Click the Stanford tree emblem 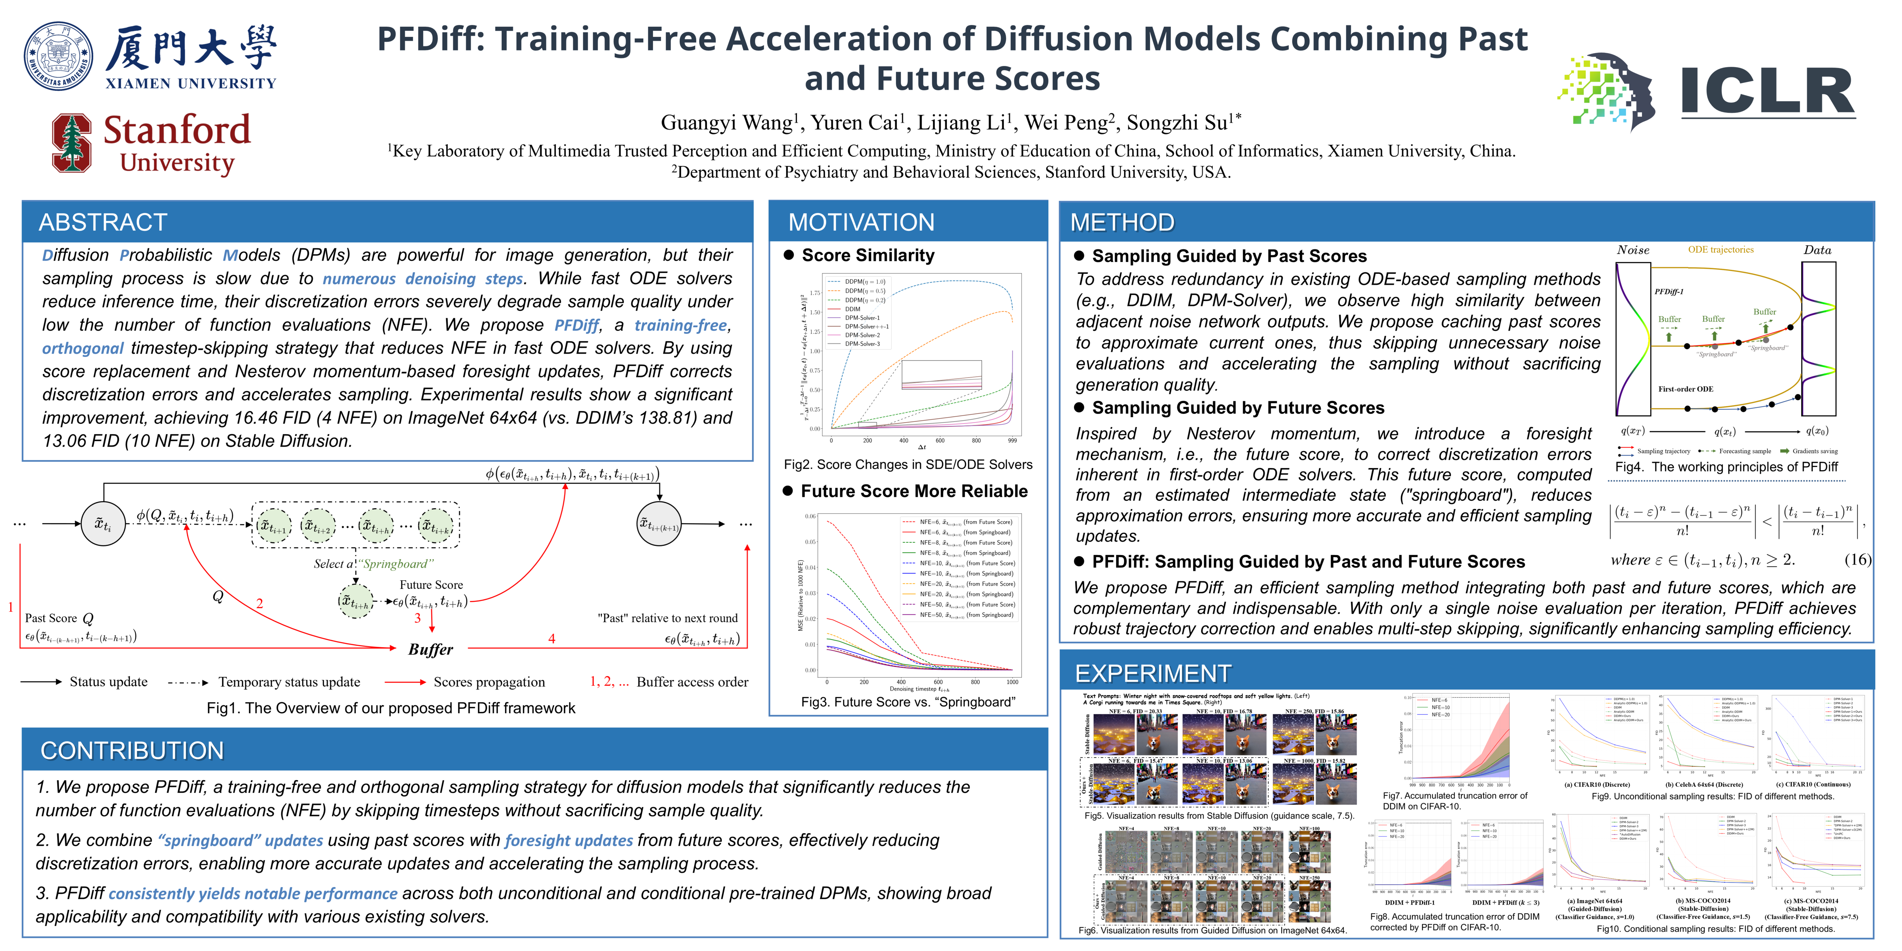click(72, 143)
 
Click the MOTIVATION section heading click(861, 222)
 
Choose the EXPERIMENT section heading click(1153, 674)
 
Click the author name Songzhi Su click(1179, 123)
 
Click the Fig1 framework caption click(390, 708)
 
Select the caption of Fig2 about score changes click(908, 464)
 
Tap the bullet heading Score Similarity click(867, 256)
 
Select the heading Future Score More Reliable click(913, 492)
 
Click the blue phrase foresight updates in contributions click(568, 840)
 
